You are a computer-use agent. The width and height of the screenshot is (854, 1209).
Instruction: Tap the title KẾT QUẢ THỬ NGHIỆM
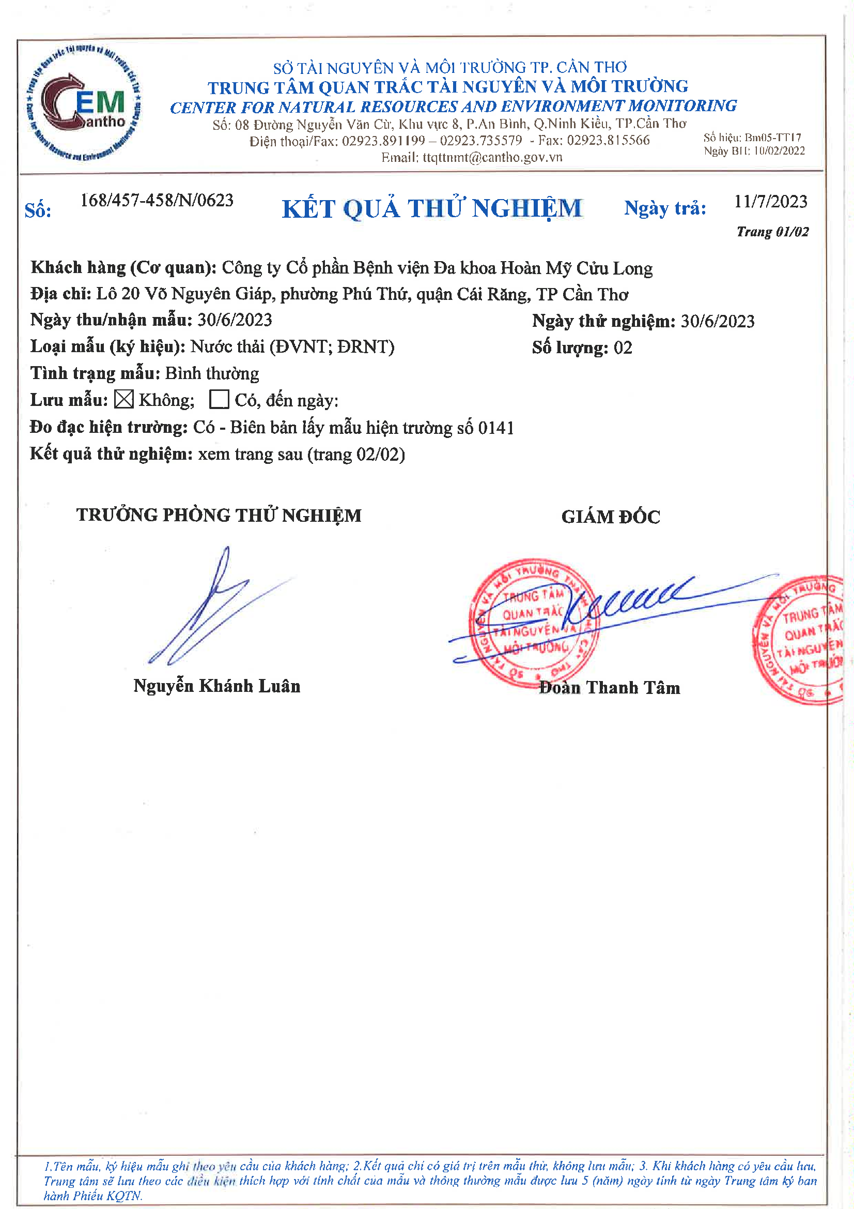pyautogui.click(x=432, y=208)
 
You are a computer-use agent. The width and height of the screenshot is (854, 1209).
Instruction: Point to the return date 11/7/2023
pyautogui.click(x=770, y=201)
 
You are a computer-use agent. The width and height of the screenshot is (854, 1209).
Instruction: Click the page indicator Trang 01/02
pyautogui.click(x=772, y=232)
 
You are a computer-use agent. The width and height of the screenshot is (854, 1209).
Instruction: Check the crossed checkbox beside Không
pyautogui.click(x=123, y=399)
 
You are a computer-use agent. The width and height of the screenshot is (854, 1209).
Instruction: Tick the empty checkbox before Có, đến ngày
pyautogui.click(x=219, y=399)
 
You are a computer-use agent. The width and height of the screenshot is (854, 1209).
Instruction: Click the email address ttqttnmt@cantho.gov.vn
pyautogui.click(x=492, y=157)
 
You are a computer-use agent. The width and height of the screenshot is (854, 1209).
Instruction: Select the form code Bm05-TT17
pyautogui.click(x=772, y=138)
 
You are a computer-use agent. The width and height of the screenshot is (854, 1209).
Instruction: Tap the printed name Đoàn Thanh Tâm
pyautogui.click(x=609, y=688)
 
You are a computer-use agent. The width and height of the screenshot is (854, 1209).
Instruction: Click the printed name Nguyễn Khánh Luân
pyautogui.click(x=217, y=686)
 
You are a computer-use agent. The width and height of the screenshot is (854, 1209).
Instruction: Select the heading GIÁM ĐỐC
pyautogui.click(x=610, y=517)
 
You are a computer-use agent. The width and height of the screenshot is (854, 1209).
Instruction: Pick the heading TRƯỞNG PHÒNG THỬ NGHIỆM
pyautogui.click(x=219, y=515)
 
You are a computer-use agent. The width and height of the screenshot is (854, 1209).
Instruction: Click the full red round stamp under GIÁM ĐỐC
pyautogui.click(x=533, y=623)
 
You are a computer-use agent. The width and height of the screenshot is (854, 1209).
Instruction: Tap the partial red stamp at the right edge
pyautogui.click(x=802, y=640)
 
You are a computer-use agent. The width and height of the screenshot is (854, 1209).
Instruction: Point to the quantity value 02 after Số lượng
pyautogui.click(x=623, y=347)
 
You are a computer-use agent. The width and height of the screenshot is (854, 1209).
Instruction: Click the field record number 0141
pyautogui.click(x=495, y=428)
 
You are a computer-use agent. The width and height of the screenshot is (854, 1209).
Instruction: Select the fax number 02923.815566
pyautogui.click(x=608, y=140)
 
